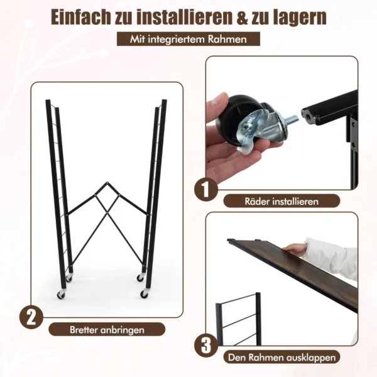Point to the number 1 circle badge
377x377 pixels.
click(x=206, y=190)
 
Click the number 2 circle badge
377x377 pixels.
click(x=31, y=317)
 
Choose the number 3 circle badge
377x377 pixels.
click(x=206, y=346)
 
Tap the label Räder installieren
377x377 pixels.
click(x=281, y=201)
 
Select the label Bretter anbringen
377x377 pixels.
click(x=107, y=330)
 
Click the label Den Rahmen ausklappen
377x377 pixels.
click(x=281, y=358)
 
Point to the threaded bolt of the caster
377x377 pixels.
click(x=292, y=119)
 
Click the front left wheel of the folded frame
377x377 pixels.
click(x=61, y=295)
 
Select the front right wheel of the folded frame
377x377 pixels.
click(x=145, y=293)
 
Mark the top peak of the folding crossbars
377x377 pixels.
click(x=107, y=182)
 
